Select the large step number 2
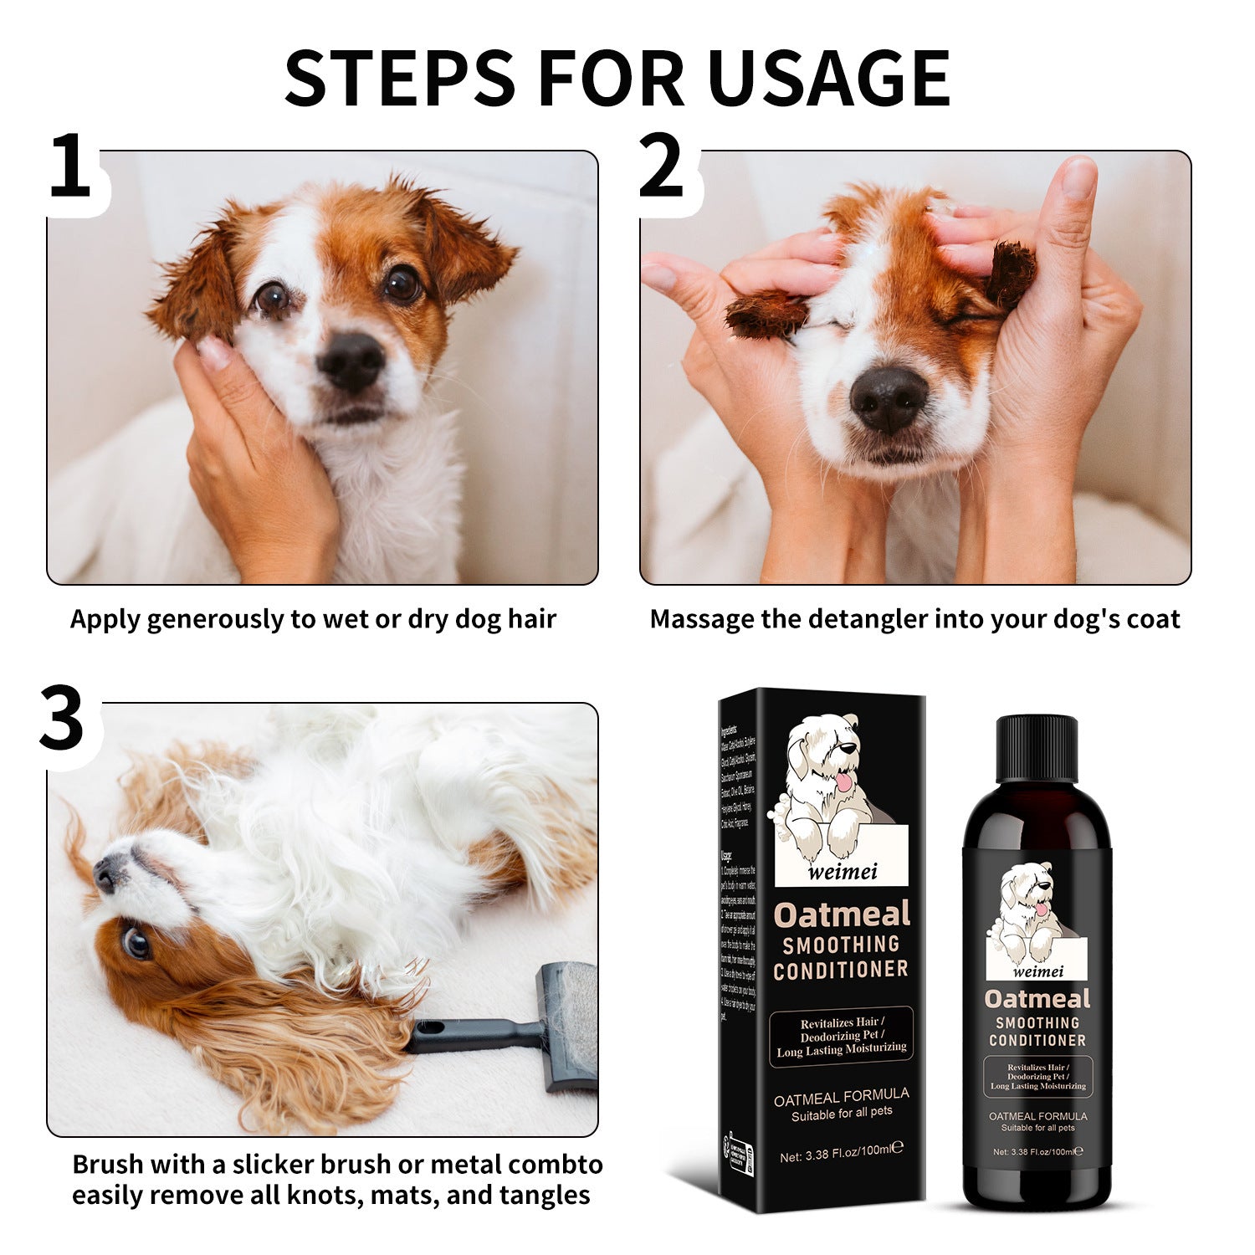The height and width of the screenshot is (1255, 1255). (661, 166)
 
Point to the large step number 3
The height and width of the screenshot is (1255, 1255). (62, 719)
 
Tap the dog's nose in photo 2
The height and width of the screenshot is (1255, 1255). (889, 400)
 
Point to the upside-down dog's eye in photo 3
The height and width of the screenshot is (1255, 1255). (135, 942)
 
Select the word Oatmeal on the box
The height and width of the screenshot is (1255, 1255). (842, 914)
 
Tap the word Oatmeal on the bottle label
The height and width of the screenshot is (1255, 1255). (1037, 999)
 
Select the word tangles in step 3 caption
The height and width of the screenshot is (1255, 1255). (547, 1195)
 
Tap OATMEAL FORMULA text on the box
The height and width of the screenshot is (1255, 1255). (841, 1095)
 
